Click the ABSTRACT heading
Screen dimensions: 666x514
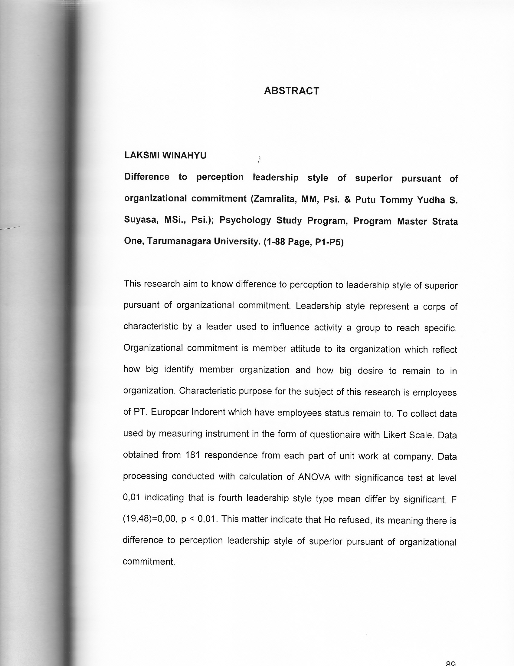292,91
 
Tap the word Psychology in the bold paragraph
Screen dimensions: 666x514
245,220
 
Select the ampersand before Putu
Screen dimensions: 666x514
347,200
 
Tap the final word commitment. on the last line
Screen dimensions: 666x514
149,562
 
